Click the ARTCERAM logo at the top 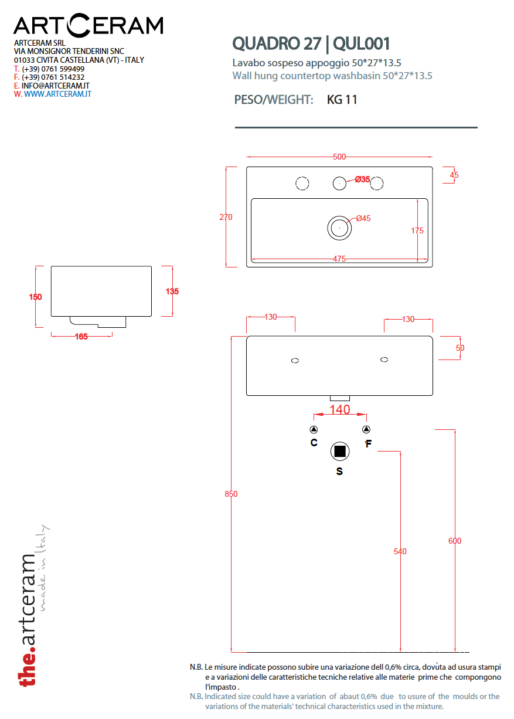88,25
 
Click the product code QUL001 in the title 361,43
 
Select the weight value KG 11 342,100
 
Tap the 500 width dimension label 339,157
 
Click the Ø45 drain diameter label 364,219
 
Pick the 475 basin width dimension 339,259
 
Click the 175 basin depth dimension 417,230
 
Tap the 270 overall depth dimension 226,217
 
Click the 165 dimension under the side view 81,336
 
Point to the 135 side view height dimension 172,291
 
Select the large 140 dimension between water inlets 340,410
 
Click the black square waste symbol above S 339,452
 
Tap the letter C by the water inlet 314,443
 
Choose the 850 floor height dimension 232,494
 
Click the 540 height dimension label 400,551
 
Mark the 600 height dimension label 455,541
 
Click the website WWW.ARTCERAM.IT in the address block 57,94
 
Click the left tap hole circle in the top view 302,184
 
